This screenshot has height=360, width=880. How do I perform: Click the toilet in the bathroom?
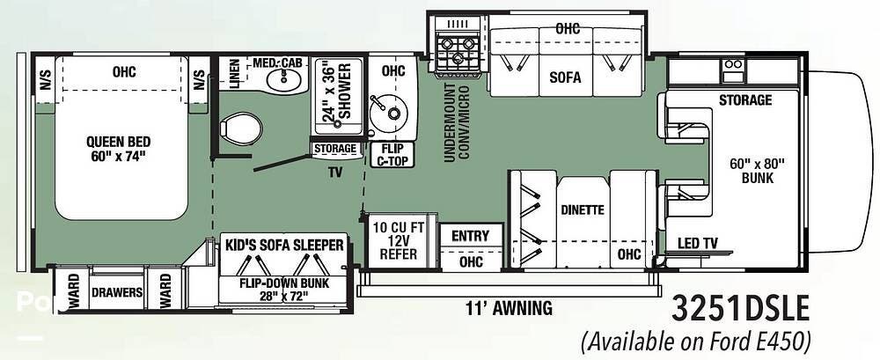(x=241, y=127)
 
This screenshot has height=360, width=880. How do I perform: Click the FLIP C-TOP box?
(x=392, y=154)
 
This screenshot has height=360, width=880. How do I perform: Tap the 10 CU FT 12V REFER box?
(x=399, y=241)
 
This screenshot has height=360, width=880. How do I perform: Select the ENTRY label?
(x=470, y=236)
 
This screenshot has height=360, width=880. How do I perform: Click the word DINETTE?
(x=583, y=210)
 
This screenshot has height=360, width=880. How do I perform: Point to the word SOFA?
(x=565, y=77)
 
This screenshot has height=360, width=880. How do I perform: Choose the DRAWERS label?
(x=117, y=292)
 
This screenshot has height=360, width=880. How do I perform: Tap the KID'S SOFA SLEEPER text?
(x=284, y=245)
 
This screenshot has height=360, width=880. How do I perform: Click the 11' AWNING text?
(x=509, y=307)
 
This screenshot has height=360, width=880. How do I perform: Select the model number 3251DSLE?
(x=740, y=310)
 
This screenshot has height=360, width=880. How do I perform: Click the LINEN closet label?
(x=236, y=74)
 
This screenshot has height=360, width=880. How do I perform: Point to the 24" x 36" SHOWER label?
(x=337, y=92)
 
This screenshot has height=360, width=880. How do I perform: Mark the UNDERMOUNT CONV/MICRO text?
(x=457, y=122)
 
